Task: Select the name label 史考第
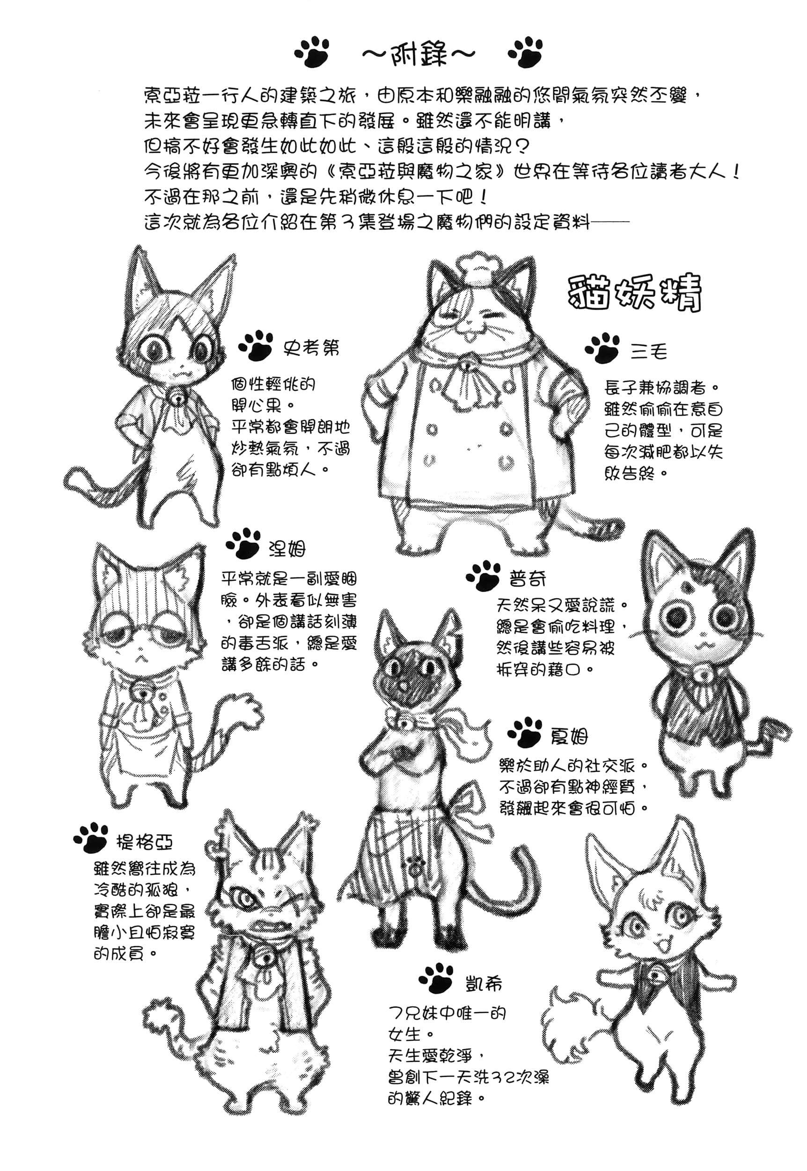coord(311,348)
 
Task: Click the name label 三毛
coord(649,351)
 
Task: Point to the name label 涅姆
coord(287,548)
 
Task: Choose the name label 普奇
coord(528,578)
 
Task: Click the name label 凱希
coord(484,984)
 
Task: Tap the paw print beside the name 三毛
coord(602,348)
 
